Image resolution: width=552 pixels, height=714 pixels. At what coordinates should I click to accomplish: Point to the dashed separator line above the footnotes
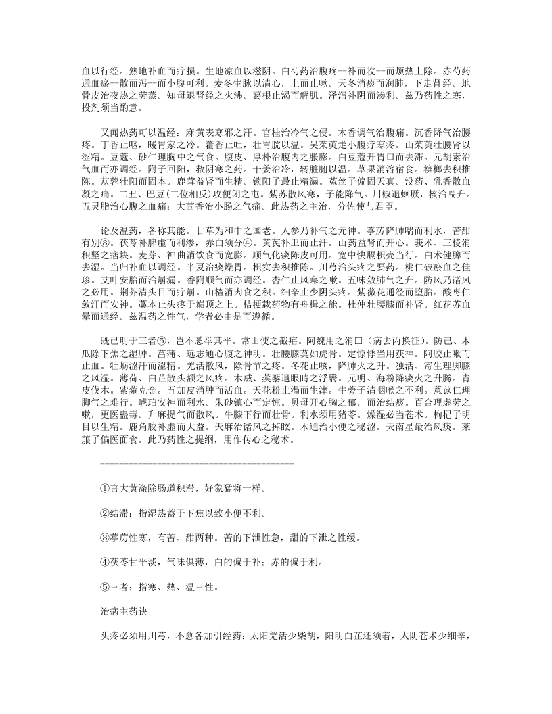pyautogui.click(x=196, y=462)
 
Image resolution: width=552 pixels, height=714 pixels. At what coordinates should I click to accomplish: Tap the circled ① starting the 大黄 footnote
pyautogui.click(x=104, y=487)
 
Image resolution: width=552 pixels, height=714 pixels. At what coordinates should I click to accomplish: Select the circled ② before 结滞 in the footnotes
pyautogui.click(x=104, y=513)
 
